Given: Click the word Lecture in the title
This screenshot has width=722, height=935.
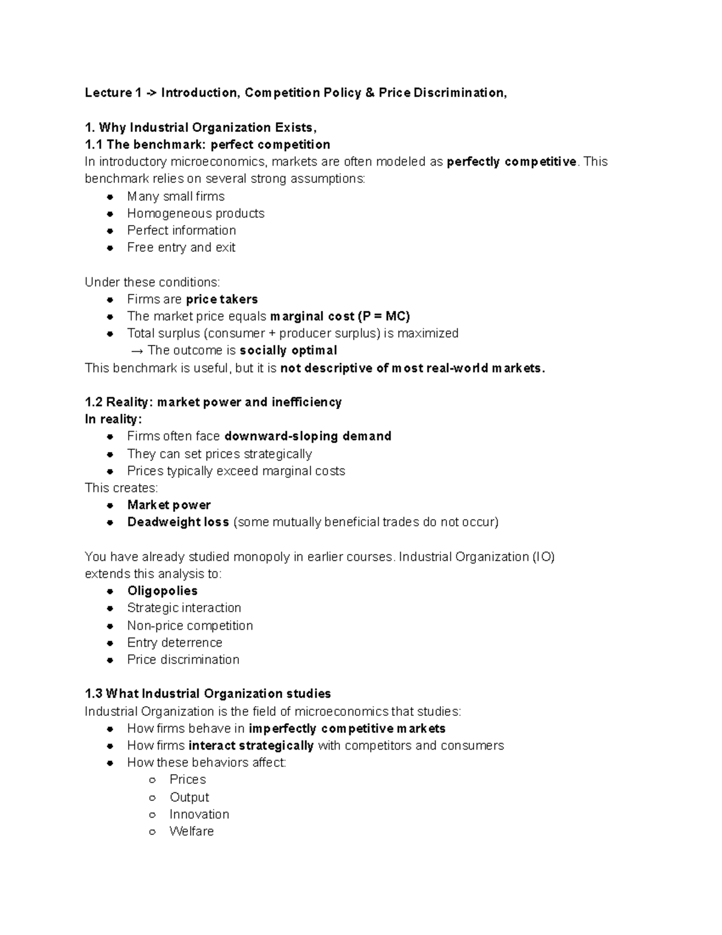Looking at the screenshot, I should click(x=108, y=93).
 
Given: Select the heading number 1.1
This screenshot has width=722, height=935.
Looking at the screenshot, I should click(x=94, y=144).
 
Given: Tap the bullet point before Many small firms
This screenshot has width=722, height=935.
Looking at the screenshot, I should click(x=110, y=197).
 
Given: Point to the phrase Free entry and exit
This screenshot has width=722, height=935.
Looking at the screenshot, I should click(x=181, y=247).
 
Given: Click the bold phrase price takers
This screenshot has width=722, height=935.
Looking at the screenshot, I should click(x=221, y=299).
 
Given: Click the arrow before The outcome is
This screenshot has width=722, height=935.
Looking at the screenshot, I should click(x=137, y=350).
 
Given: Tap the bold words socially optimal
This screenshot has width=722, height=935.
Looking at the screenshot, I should click(x=288, y=350).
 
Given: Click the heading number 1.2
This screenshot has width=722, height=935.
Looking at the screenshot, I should click(x=94, y=402).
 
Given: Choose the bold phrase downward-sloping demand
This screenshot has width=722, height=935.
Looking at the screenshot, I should click(x=307, y=436).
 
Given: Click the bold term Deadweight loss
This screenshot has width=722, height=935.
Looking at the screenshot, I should click(x=178, y=522).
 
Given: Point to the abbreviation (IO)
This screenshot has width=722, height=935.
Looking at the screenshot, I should click(x=543, y=557).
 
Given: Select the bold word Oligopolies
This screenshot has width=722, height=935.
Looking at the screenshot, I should click(x=162, y=591).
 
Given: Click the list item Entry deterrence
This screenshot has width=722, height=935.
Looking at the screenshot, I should click(x=174, y=642).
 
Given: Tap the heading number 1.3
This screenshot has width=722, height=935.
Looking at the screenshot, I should click(x=94, y=694).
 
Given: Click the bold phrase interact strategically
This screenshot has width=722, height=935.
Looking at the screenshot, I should click(x=251, y=745).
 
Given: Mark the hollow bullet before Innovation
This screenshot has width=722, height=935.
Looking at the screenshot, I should click(x=153, y=815).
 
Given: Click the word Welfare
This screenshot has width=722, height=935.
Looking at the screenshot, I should click(x=191, y=831).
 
